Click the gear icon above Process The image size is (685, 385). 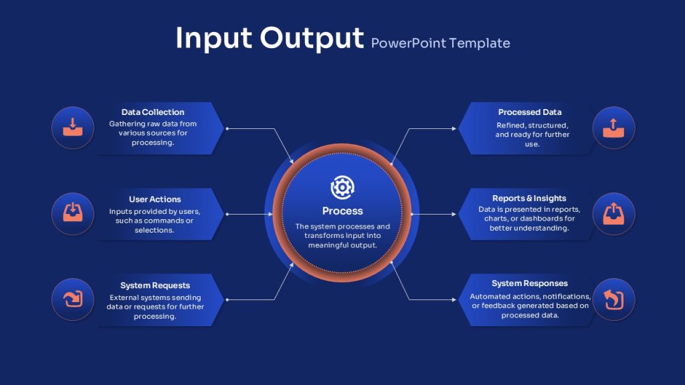[342, 187]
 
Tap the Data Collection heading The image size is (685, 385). [153, 112]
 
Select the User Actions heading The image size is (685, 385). [155, 199]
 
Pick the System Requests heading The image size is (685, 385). [155, 285]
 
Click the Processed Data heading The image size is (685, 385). [530, 112]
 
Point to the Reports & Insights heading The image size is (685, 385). [529, 198]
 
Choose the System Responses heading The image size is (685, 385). [530, 283]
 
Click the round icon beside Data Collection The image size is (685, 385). [72, 128]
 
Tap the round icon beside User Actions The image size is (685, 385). [72, 214]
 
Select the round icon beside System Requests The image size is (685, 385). [72, 299]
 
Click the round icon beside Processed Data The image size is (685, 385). [613, 128]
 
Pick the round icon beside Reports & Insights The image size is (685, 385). [613, 214]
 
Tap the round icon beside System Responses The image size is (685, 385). [613, 299]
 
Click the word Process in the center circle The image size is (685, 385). [342, 211]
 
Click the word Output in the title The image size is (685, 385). [312, 38]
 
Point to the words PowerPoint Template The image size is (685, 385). [440, 43]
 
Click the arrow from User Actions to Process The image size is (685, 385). [250, 215]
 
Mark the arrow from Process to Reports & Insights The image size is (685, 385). [433, 215]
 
